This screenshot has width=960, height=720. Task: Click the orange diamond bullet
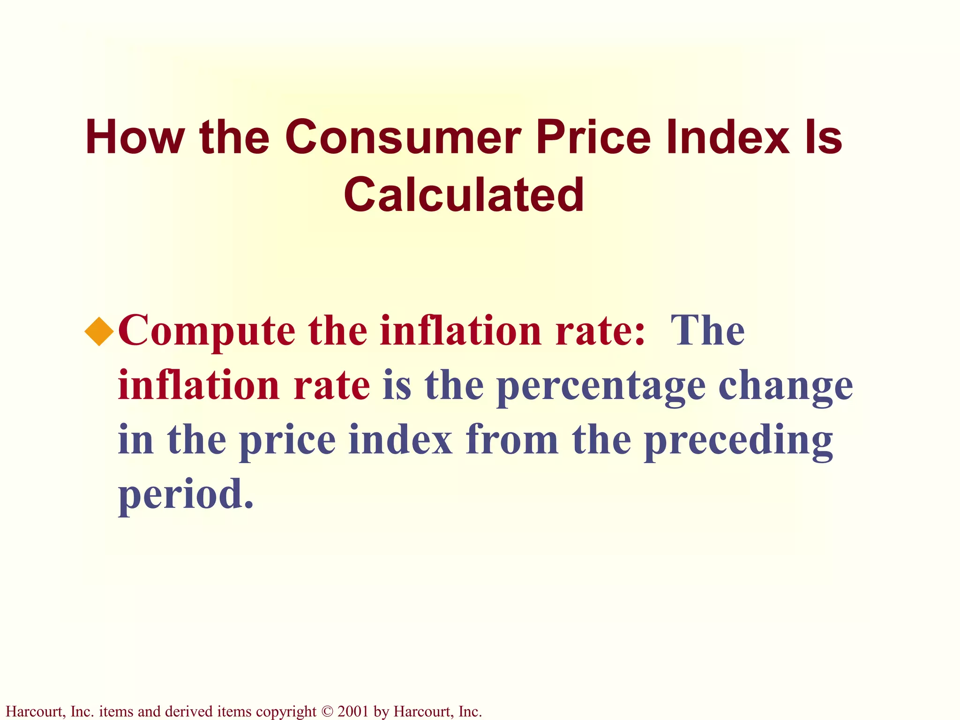point(99,331)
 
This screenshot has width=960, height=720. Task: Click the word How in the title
point(135,137)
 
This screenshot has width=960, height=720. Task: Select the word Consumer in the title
point(403,137)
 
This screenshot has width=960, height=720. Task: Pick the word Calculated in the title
point(464,195)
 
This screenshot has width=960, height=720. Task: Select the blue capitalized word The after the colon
point(707,330)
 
